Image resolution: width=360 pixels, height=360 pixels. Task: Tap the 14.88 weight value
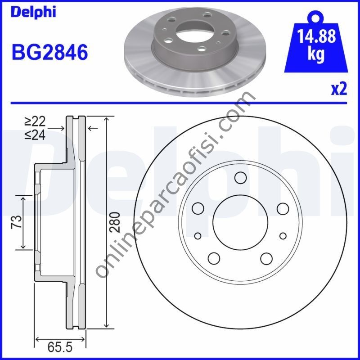[317, 36]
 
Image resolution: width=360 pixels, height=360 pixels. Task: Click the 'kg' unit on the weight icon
[317, 54]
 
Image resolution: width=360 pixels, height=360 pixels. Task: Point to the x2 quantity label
[339, 90]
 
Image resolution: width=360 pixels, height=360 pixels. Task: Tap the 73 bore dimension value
[16, 222]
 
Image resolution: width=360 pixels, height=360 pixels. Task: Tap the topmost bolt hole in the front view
[240, 179]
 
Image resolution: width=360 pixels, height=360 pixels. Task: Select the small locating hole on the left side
[198, 236]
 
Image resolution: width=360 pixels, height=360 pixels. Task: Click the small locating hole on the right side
[283, 236]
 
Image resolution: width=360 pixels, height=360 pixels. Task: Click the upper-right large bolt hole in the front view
[283, 208]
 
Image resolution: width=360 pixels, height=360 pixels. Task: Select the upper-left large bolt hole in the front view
[198, 208]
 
